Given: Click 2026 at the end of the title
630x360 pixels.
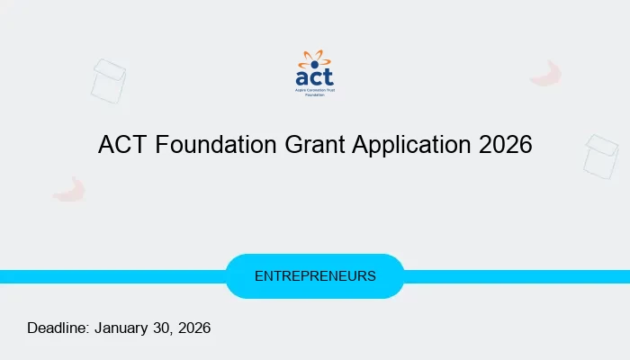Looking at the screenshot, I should click(505, 145).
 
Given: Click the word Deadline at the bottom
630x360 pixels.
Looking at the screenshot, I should click(58, 328).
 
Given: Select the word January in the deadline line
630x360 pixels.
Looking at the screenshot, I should click(122, 328).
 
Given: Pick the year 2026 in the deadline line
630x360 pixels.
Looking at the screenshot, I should click(193, 328).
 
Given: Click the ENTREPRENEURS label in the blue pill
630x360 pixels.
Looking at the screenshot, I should click(315, 276).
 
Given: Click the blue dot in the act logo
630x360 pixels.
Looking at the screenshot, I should click(315, 64).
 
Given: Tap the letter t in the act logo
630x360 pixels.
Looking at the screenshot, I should click(328, 78).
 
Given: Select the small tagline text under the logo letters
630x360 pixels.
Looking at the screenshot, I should click(315, 94).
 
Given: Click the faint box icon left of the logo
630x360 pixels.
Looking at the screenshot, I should click(108, 80).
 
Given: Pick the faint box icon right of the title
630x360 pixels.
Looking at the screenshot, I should click(600, 156).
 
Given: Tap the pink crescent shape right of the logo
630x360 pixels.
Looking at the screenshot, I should click(545, 75).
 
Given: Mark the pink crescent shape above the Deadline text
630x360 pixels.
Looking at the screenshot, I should click(68, 189).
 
